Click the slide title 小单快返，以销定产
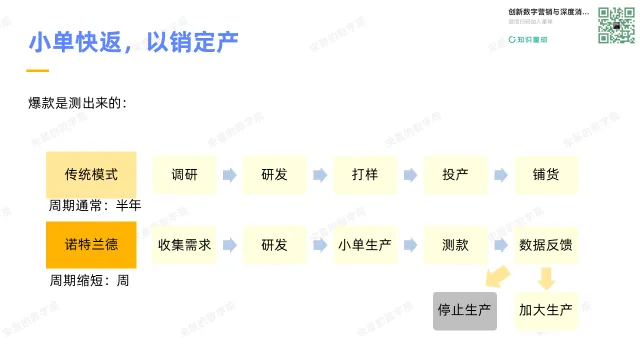tap(133, 43)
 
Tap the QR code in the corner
tap(616, 25)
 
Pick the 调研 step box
tap(184, 174)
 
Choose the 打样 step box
tap(365, 174)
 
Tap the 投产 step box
tap(455, 174)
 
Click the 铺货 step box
tap(546, 174)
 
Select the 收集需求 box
tap(184, 244)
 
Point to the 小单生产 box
tap(365, 244)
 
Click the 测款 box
tap(455, 244)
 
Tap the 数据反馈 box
tap(546, 244)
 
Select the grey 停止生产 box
tap(464, 310)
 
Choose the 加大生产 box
tap(546, 310)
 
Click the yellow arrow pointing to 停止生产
tap(497, 277)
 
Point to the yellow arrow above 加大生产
tap(546, 277)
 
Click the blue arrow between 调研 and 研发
tap(229, 175)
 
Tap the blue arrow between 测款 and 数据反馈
tap(500, 245)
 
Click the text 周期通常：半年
tap(95, 205)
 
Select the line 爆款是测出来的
tap(77, 103)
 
